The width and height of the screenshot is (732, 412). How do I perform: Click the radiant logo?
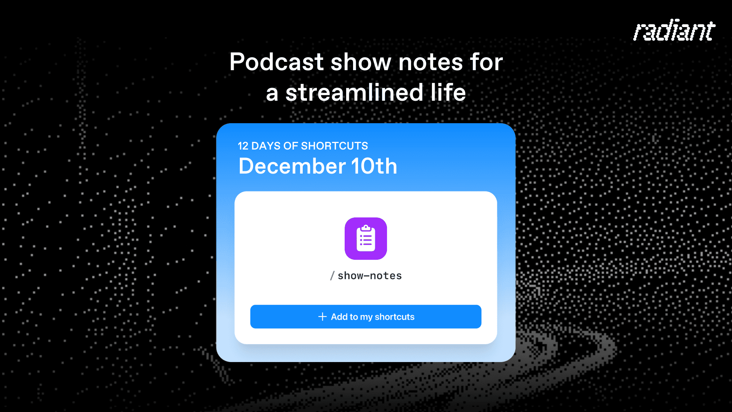[674, 31]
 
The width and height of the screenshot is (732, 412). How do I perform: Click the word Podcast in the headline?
[276, 62]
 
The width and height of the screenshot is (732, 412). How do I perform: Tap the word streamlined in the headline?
[354, 93]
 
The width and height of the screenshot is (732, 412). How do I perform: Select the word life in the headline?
[448, 93]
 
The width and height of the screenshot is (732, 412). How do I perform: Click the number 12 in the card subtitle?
[243, 146]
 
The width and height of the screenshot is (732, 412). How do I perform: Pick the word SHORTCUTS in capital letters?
[334, 146]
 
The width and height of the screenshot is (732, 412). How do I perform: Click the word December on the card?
[292, 166]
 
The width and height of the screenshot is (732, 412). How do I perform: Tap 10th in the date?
[374, 166]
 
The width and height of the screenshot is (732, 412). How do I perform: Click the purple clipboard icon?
[366, 239]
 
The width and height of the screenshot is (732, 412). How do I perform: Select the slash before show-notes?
[332, 276]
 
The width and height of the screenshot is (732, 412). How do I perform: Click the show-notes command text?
[369, 276]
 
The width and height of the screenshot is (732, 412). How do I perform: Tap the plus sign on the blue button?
[323, 317]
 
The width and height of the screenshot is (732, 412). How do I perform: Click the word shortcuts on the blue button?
[394, 317]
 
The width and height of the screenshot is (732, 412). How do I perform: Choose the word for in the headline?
[486, 62]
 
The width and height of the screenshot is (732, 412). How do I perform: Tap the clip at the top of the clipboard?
[366, 228]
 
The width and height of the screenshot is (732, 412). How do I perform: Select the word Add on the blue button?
[339, 317]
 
